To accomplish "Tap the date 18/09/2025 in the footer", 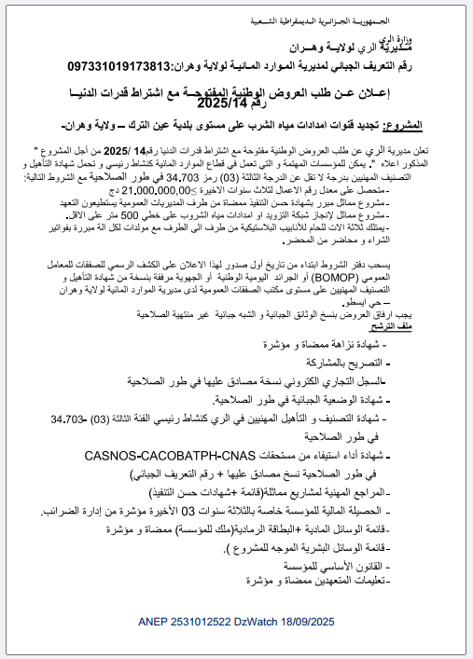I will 303,620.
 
